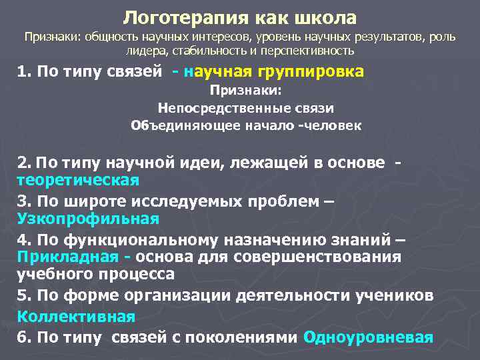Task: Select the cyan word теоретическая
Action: click(78, 180)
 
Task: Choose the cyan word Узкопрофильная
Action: click(88, 219)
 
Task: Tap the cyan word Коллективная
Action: click(76, 316)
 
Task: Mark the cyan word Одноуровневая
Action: click(368, 336)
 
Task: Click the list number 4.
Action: click(23, 239)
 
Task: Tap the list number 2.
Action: click(23, 162)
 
